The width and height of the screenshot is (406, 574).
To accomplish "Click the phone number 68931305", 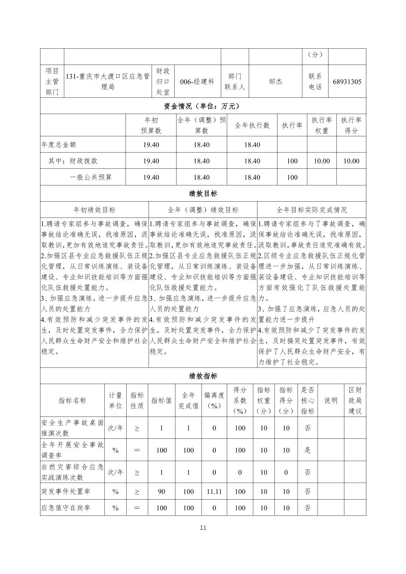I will click(x=347, y=82).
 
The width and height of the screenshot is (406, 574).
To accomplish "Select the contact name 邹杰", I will click(x=275, y=82).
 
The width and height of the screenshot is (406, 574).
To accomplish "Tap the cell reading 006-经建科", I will click(x=197, y=82).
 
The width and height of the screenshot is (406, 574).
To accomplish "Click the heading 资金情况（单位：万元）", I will click(x=203, y=106).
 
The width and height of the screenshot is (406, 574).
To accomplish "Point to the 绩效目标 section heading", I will click(x=203, y=194).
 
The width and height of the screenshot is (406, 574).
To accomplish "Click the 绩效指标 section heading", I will click(x=203, y=376).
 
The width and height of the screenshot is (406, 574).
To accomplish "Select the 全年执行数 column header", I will click(x=252, y=125).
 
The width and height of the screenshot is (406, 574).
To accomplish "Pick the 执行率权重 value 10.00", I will click(x=322, y=161).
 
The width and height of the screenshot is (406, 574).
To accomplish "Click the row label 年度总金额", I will click(x=59, y=145).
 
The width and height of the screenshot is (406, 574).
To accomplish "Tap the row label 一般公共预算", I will click(x=91, y=177).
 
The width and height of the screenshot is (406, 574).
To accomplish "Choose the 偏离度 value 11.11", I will click(x=214, y=492).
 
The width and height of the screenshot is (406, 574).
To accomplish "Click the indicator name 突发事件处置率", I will click(x=65, y=492).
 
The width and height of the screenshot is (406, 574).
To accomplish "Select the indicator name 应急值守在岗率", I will click(x=65, y=508).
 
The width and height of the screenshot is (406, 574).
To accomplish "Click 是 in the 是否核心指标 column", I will click(x=308, y=450).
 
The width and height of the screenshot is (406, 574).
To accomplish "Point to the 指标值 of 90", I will click(x=161, y=492).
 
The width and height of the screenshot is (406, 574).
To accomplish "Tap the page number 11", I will click(x=203, y=528).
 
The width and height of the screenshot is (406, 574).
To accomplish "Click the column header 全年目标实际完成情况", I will click(x=311, y=210).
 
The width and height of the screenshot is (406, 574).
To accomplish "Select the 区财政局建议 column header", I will click(x=355, y=400).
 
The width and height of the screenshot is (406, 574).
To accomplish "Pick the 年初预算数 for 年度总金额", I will click(x=151, y=145).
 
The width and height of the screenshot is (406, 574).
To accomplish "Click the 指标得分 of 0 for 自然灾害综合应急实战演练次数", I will click(x=286, y=472).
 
